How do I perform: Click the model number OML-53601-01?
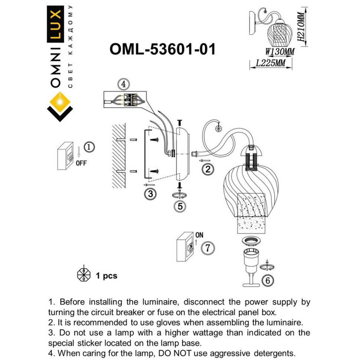tap(163, 49)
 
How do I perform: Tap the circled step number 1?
tap(89, 147)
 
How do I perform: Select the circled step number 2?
tap(208, 170)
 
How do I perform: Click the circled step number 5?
tap(180, 206)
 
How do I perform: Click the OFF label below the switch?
tap(81, 163)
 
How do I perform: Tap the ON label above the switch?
tap(199, 235)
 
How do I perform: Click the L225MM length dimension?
tap(271, 63)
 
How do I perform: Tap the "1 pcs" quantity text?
tap(107, 276)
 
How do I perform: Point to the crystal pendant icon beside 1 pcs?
tap(84, 275)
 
